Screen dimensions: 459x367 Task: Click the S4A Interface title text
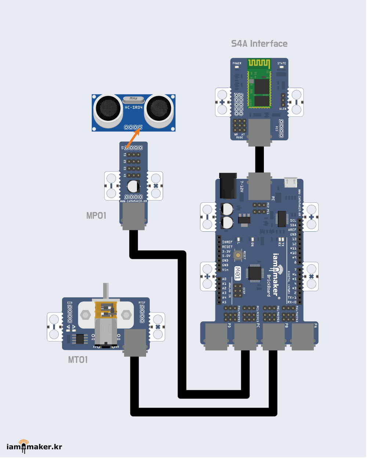259,44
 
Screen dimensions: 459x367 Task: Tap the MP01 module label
96,216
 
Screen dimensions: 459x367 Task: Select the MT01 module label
78,359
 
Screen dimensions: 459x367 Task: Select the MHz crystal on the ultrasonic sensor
134,98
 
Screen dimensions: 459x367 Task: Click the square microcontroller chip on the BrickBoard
256,273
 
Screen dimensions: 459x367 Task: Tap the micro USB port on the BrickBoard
291,182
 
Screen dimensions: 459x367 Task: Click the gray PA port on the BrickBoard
303,336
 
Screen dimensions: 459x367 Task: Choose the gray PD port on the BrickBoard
217,336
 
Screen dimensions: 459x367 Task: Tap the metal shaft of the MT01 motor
106,292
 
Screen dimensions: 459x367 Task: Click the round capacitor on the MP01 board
133,187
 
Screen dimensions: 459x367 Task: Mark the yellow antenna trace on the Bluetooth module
259,63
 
